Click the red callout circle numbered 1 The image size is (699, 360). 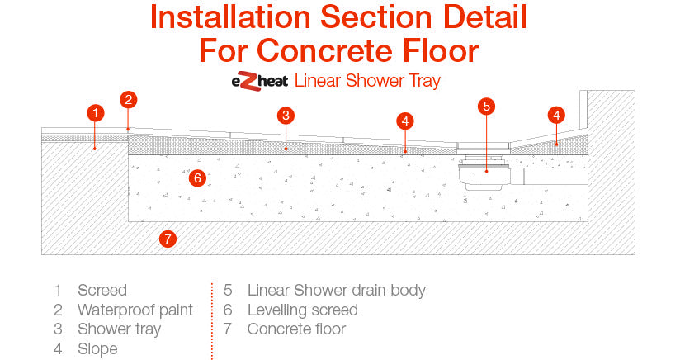[96, 113]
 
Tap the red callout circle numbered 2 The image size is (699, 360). [129, 99]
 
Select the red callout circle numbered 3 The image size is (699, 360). [286, 116]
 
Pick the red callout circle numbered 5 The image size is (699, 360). [486, 107]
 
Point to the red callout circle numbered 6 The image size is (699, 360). [197, 178]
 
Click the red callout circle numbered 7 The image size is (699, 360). [168, 239]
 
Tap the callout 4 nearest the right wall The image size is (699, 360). [556, 116]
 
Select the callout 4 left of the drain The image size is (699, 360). [404, 121]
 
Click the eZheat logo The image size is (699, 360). [260, 81]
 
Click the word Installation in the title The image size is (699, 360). [230, 17]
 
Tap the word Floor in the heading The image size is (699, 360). [441, 50]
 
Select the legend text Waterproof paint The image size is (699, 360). [135, 310]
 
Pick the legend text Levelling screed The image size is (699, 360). [303, 310]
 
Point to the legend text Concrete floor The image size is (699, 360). [296, 329]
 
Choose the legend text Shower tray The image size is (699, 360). [119, 329]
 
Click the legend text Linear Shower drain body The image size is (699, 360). [337, 291]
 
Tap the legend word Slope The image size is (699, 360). [97, 348]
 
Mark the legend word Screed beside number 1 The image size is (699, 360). [102, 291]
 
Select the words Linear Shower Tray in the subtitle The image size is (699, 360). [367, 81]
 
